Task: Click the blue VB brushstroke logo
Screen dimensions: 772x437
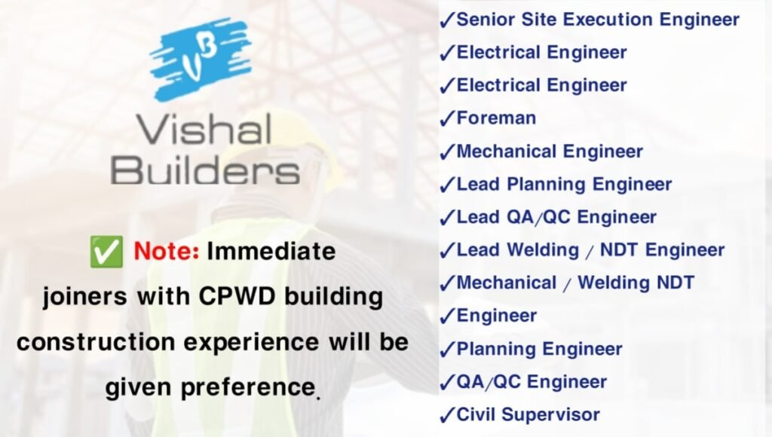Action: (x=200, y=59)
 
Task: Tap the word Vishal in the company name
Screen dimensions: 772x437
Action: (x=204, y=130)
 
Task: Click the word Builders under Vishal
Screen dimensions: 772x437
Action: (x=205, y=170)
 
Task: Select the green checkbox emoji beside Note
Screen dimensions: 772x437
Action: (x=106, y=252)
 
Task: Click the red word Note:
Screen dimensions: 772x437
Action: (x=167, y=251)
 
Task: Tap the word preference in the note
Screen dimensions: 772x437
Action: (x=247, y=387)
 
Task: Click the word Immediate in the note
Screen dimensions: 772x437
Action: (x=271, y=251)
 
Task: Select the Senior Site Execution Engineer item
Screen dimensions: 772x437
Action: (x=598, y=20)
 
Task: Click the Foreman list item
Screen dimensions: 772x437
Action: (x=496, y=118)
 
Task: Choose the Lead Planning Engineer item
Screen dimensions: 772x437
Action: (x=564, y=185)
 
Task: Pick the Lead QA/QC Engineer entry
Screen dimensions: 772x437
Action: (x=556, y=217)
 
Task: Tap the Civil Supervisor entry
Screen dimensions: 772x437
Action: (x=528, y=414)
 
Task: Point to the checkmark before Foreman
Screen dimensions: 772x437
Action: (x=446, y=118)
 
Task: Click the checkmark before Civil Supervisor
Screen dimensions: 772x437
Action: (x=446, y=415)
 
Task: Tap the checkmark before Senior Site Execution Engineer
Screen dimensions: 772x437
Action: (x=446, y=20)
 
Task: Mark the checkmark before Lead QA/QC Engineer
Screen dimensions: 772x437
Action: (x=446, y=218)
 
